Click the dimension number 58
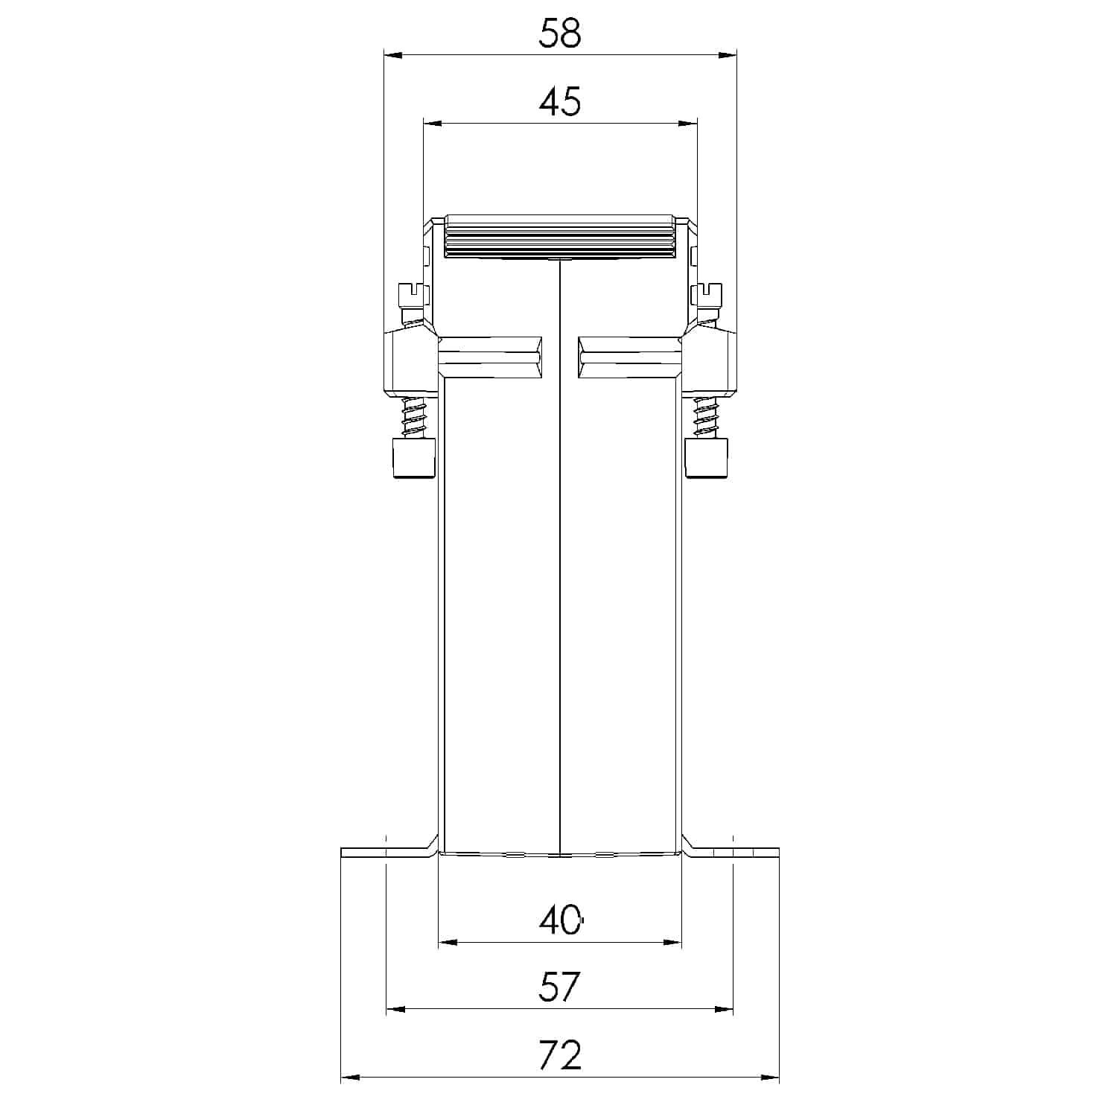click(x=560, y=34)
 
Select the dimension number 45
click(x=560, y=101)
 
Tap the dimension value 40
click(x=560, y=920)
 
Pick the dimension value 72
click(x=560, y=1055)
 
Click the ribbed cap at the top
click(x=560, y=238)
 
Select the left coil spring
click(x=412, y=418)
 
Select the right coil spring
click(x=704, y=418)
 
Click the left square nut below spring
click(x=413, y=458)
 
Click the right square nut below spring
click(x=706, y=458)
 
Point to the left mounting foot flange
click(x=384, y=853)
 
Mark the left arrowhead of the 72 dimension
click(x=349, y=1077)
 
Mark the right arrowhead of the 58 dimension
click(x=728, y=54)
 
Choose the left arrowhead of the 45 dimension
click(x=432, y=123)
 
